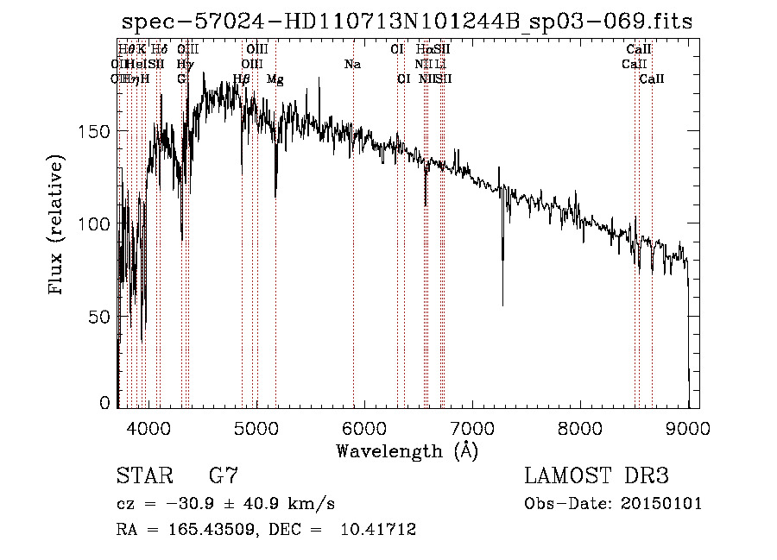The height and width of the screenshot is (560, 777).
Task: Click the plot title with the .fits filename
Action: click(407, 22)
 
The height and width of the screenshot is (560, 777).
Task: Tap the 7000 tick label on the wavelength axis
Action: click(471, 427)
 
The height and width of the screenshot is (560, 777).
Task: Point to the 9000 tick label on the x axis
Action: click(688, 427)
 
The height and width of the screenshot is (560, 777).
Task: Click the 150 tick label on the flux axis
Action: click(97, 131)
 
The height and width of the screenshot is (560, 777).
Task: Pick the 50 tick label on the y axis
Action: click(101, 317)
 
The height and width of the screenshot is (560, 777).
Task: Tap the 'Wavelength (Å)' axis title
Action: click(407, 450)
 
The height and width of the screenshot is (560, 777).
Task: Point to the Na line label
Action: click(351, 64)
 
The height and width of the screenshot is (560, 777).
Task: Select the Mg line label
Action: click(275, 79)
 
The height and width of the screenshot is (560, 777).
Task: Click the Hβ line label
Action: click(242, 79)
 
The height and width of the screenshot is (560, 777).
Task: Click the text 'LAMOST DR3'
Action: click(596, 475)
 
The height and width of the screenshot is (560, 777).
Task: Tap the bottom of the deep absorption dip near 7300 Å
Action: click(502, 305)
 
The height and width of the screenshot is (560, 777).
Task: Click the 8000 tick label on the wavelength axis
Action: click(580, 427)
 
